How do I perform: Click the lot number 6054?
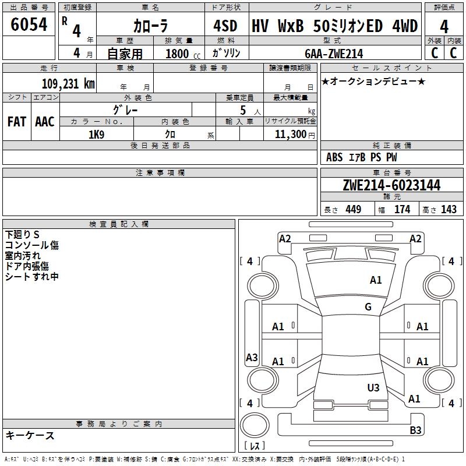click(x=29, y=24)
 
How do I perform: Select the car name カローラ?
click(x=150, y=26)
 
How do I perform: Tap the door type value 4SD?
click(x=225, y=26)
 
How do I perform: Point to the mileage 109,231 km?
click(x=68, y=84)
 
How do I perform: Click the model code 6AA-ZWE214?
click(x=334, y=54)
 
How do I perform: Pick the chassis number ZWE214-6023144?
click(x=391, y=185)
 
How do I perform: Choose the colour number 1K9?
click(x=97, y=135)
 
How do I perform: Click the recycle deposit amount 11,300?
click(x=290, y=135)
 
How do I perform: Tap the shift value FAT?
click(x=17, y=122)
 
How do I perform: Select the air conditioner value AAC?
click(x=45, y=122)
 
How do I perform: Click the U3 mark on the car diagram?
click(x=373, y=387)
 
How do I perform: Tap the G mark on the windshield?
click(x=368, y=307)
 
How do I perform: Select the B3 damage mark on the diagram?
click(x=415, y=430)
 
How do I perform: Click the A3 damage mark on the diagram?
click(x=252, y=357)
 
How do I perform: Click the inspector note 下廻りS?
click(x=22, y=235)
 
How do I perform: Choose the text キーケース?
click(x=30, y=435)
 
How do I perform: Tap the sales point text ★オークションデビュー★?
click(x=373, y=81)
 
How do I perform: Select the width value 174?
click(x=402, y=209)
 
